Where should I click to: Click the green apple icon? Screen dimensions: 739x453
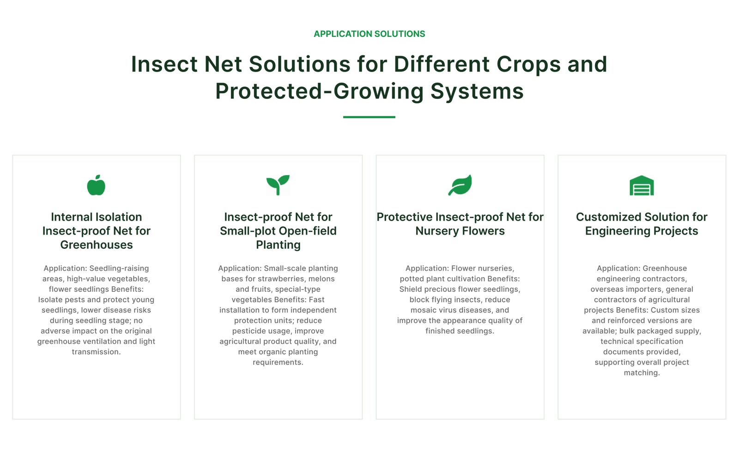point(96,185)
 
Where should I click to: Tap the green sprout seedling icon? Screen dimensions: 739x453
point(278,185)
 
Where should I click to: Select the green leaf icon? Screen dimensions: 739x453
point(460,185)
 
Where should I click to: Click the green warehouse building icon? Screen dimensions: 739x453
point(642,186)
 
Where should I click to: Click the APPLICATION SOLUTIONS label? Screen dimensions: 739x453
point(369,34)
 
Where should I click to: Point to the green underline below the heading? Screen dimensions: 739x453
point(369,117)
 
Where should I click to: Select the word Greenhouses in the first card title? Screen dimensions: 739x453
point(97,245)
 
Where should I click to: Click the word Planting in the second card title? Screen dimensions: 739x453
point(278,245)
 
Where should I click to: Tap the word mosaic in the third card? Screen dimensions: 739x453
point(422,310)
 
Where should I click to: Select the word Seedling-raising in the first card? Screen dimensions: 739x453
point(119,268)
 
